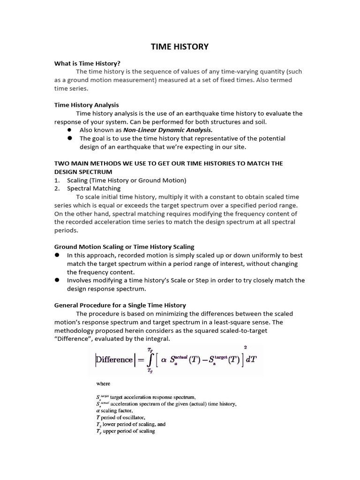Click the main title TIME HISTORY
pyautogui.click(x=180, y=47)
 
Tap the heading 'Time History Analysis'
pyautogui.click(x=86, y=105)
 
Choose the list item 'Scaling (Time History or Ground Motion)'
pyautogui.click(x=127, y=180)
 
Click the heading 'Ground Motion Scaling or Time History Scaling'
pyautogui.click(x=124, y=247)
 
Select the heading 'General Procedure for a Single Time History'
pyautogui.click(x=120, y=305)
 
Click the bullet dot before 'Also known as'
pyautogui.click(x=69, y=130)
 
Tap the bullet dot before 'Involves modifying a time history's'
pyautogui.click(x=57, y=280)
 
